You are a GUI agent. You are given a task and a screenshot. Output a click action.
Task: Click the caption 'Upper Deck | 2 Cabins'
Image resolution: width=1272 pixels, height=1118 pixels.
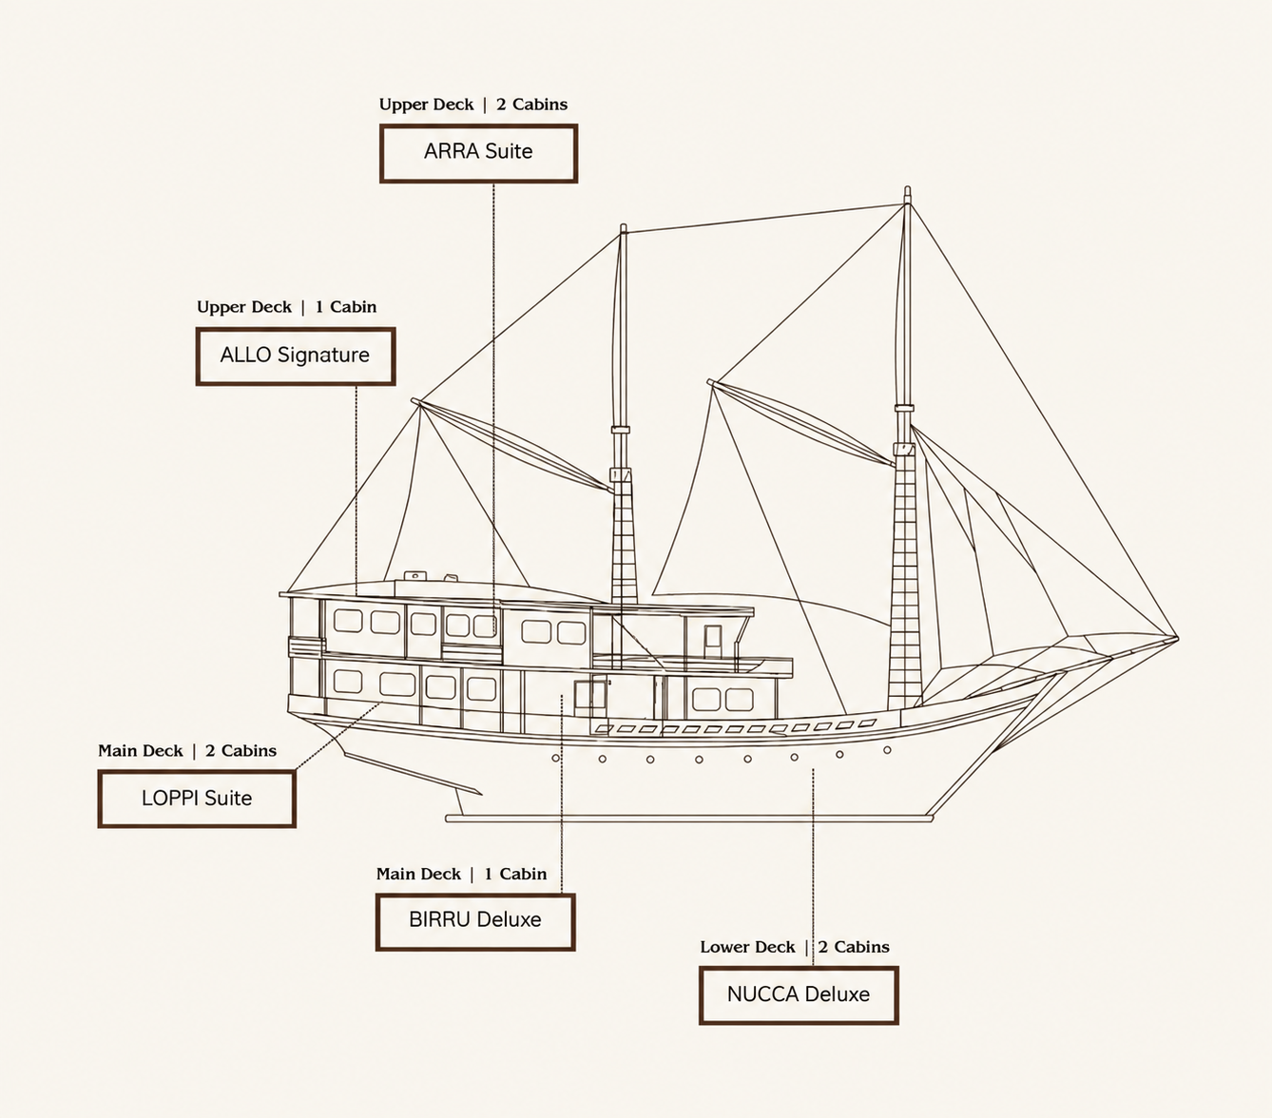click(473, 105)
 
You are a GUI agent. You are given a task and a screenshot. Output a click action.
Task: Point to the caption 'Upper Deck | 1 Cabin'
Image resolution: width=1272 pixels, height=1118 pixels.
click(287, 307)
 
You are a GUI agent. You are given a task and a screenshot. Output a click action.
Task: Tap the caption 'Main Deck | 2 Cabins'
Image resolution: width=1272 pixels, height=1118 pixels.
click(187, 751)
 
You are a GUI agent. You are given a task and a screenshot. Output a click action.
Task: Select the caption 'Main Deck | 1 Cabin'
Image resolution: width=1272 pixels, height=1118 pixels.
click(461, 874)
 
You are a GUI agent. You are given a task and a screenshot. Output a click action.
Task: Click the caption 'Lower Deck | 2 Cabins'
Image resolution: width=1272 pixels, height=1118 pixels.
click(795, 947)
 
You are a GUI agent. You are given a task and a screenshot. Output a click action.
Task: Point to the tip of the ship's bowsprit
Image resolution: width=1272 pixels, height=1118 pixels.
click(1177, 639)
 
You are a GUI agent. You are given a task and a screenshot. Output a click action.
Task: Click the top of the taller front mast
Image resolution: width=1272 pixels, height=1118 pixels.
click(907, 188)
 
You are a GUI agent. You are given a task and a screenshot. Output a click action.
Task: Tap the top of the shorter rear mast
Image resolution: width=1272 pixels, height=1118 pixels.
click(623, 226)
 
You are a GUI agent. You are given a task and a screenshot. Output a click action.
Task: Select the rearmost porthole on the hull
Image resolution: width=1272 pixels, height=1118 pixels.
click(555, 759)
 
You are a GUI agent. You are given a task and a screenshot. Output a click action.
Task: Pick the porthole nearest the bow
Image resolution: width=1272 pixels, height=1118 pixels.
click(887, 749)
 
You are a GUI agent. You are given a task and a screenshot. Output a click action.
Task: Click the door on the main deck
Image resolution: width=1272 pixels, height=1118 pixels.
click(590, 698)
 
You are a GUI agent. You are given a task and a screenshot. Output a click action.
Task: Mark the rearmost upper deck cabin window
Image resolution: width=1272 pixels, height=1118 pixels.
click(348, 621)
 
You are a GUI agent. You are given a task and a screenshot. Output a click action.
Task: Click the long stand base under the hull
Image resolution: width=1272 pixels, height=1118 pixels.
click(689, 819)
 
